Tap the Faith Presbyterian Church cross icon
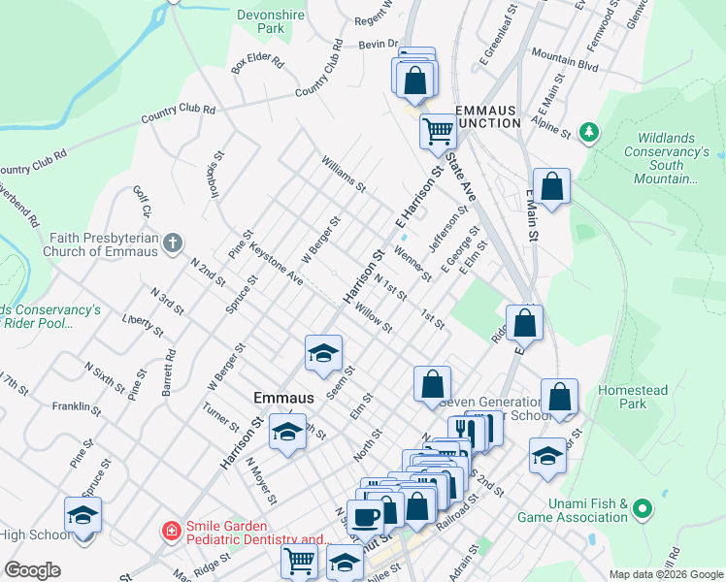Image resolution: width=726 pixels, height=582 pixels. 173,242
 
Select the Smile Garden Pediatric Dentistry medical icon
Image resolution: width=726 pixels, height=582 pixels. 171,531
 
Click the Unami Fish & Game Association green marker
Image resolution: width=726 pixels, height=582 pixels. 641,508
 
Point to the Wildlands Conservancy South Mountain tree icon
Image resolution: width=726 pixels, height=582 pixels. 587,131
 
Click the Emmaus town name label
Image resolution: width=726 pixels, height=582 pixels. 283,398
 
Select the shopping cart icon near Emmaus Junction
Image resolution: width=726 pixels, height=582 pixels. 438,129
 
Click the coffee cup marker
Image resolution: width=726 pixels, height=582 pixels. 366,517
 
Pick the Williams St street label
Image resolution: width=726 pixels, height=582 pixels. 345,174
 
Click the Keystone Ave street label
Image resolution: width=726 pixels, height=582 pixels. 277,263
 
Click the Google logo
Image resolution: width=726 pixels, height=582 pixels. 32,570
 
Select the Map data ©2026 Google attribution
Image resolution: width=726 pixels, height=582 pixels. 666,574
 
